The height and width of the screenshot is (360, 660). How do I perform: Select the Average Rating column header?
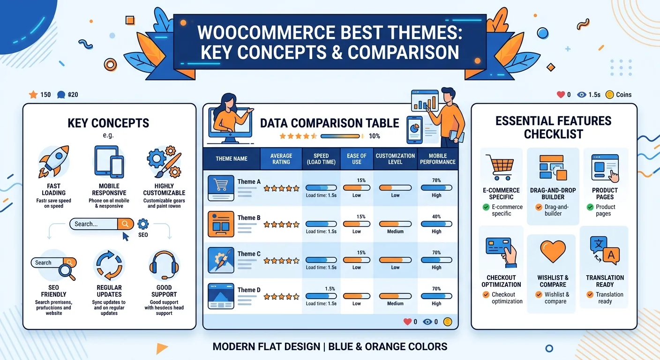(281, 158)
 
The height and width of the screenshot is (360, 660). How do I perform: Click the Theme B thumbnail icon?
(221, 224)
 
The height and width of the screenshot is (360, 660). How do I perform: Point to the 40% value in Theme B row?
(436, 217)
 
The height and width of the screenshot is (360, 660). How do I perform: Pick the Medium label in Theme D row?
(395, 303)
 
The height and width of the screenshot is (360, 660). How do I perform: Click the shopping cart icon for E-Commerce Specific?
(501, 167)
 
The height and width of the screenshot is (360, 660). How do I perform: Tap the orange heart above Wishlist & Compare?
(553, 252)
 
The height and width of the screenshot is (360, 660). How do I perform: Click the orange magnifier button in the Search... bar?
(125, 224)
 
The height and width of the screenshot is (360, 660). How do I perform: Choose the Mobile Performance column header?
(437, 158)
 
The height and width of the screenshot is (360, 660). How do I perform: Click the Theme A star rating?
(281, 188)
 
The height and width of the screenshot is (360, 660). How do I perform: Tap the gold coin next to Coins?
(610, 95)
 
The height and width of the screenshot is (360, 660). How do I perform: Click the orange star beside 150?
(33, 95)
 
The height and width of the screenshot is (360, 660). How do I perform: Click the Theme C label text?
(249, 254)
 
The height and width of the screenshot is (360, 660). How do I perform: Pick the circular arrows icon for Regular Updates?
(109, 265)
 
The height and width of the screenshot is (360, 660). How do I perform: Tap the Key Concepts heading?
(108, 123)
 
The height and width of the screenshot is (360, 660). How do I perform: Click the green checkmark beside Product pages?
(590, 207)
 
